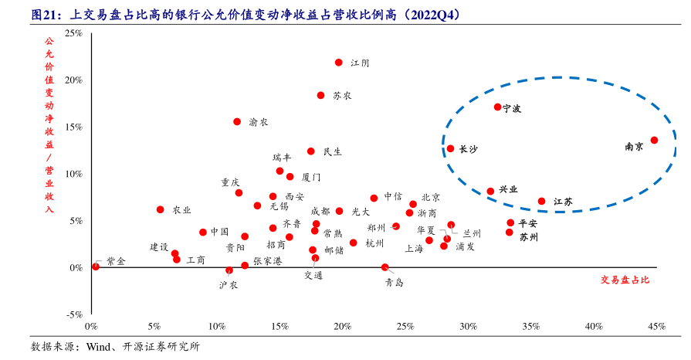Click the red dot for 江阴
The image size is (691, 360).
(339, 63)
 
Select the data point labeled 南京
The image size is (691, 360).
(654, 141)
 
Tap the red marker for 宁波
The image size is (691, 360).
(498, 107)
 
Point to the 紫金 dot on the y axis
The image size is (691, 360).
(96, 267)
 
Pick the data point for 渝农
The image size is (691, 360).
(237, 122)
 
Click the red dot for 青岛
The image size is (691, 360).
(385, 267)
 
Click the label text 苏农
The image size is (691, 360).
(342, 96)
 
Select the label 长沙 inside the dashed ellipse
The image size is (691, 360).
(468, 149)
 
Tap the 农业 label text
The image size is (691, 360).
(181, 210)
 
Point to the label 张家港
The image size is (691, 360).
(268, 261)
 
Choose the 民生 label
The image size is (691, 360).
(332, 152)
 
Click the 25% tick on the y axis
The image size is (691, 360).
(73, 33)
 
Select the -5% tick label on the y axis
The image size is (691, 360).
(73, 314)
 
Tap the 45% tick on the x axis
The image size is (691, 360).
(656, 327)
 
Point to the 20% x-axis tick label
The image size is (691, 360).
(342, 327)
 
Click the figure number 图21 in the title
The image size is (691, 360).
(45, 15)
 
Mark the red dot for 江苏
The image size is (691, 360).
(542, 202)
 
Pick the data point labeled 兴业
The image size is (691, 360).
(490, 192)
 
